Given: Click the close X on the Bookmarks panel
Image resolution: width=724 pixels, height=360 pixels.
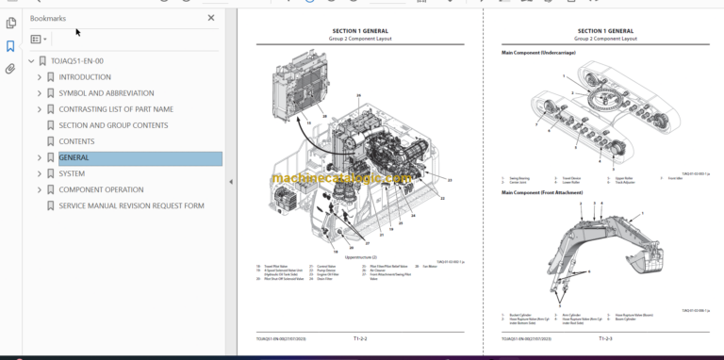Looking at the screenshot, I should tap(210, 18).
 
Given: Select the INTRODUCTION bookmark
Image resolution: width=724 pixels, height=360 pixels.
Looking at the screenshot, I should tap(84, 77).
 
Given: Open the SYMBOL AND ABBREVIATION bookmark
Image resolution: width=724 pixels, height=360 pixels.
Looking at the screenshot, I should tap(104, 93).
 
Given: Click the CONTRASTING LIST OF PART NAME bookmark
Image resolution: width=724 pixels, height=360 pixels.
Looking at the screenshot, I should tap(116, 109).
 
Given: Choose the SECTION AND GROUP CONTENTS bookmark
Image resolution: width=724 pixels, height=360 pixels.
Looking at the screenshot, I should tap(113, 125).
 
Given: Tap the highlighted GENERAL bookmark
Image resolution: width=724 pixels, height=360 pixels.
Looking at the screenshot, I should tap(74, 158).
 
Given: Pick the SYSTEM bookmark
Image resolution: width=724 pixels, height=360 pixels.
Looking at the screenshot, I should tap(72, 174).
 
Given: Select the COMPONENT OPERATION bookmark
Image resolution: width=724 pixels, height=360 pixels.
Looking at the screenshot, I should tap(101, 190).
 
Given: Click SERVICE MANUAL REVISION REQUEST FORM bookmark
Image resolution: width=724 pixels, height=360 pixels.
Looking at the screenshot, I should tap(131, 206).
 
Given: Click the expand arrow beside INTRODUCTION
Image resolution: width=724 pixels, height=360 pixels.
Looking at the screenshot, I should tap(39, 77).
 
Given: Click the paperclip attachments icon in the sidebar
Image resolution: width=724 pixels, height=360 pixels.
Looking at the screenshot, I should tap(10, 69).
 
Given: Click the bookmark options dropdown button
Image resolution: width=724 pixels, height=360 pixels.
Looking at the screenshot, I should tap(39, 40).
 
